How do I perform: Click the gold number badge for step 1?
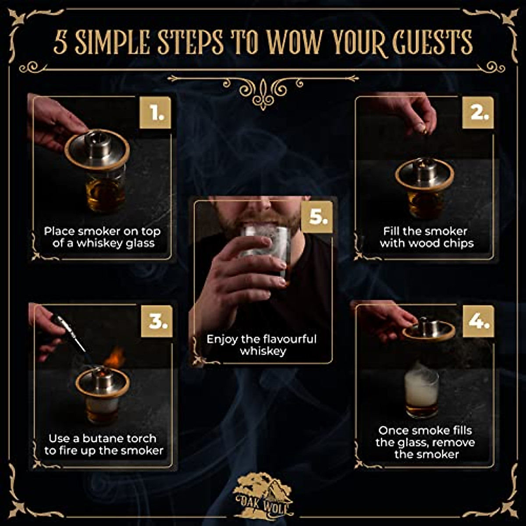(x=155, y=113)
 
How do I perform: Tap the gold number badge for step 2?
(x=478, y=113)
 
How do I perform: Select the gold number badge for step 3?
(x=156, y=322)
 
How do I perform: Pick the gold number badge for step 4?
(x=478, y=321)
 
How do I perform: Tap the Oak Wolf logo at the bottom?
(x=263, y=495)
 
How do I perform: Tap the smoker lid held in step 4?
(x=429, y=330)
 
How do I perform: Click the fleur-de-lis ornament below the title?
(x=263, y=92)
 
